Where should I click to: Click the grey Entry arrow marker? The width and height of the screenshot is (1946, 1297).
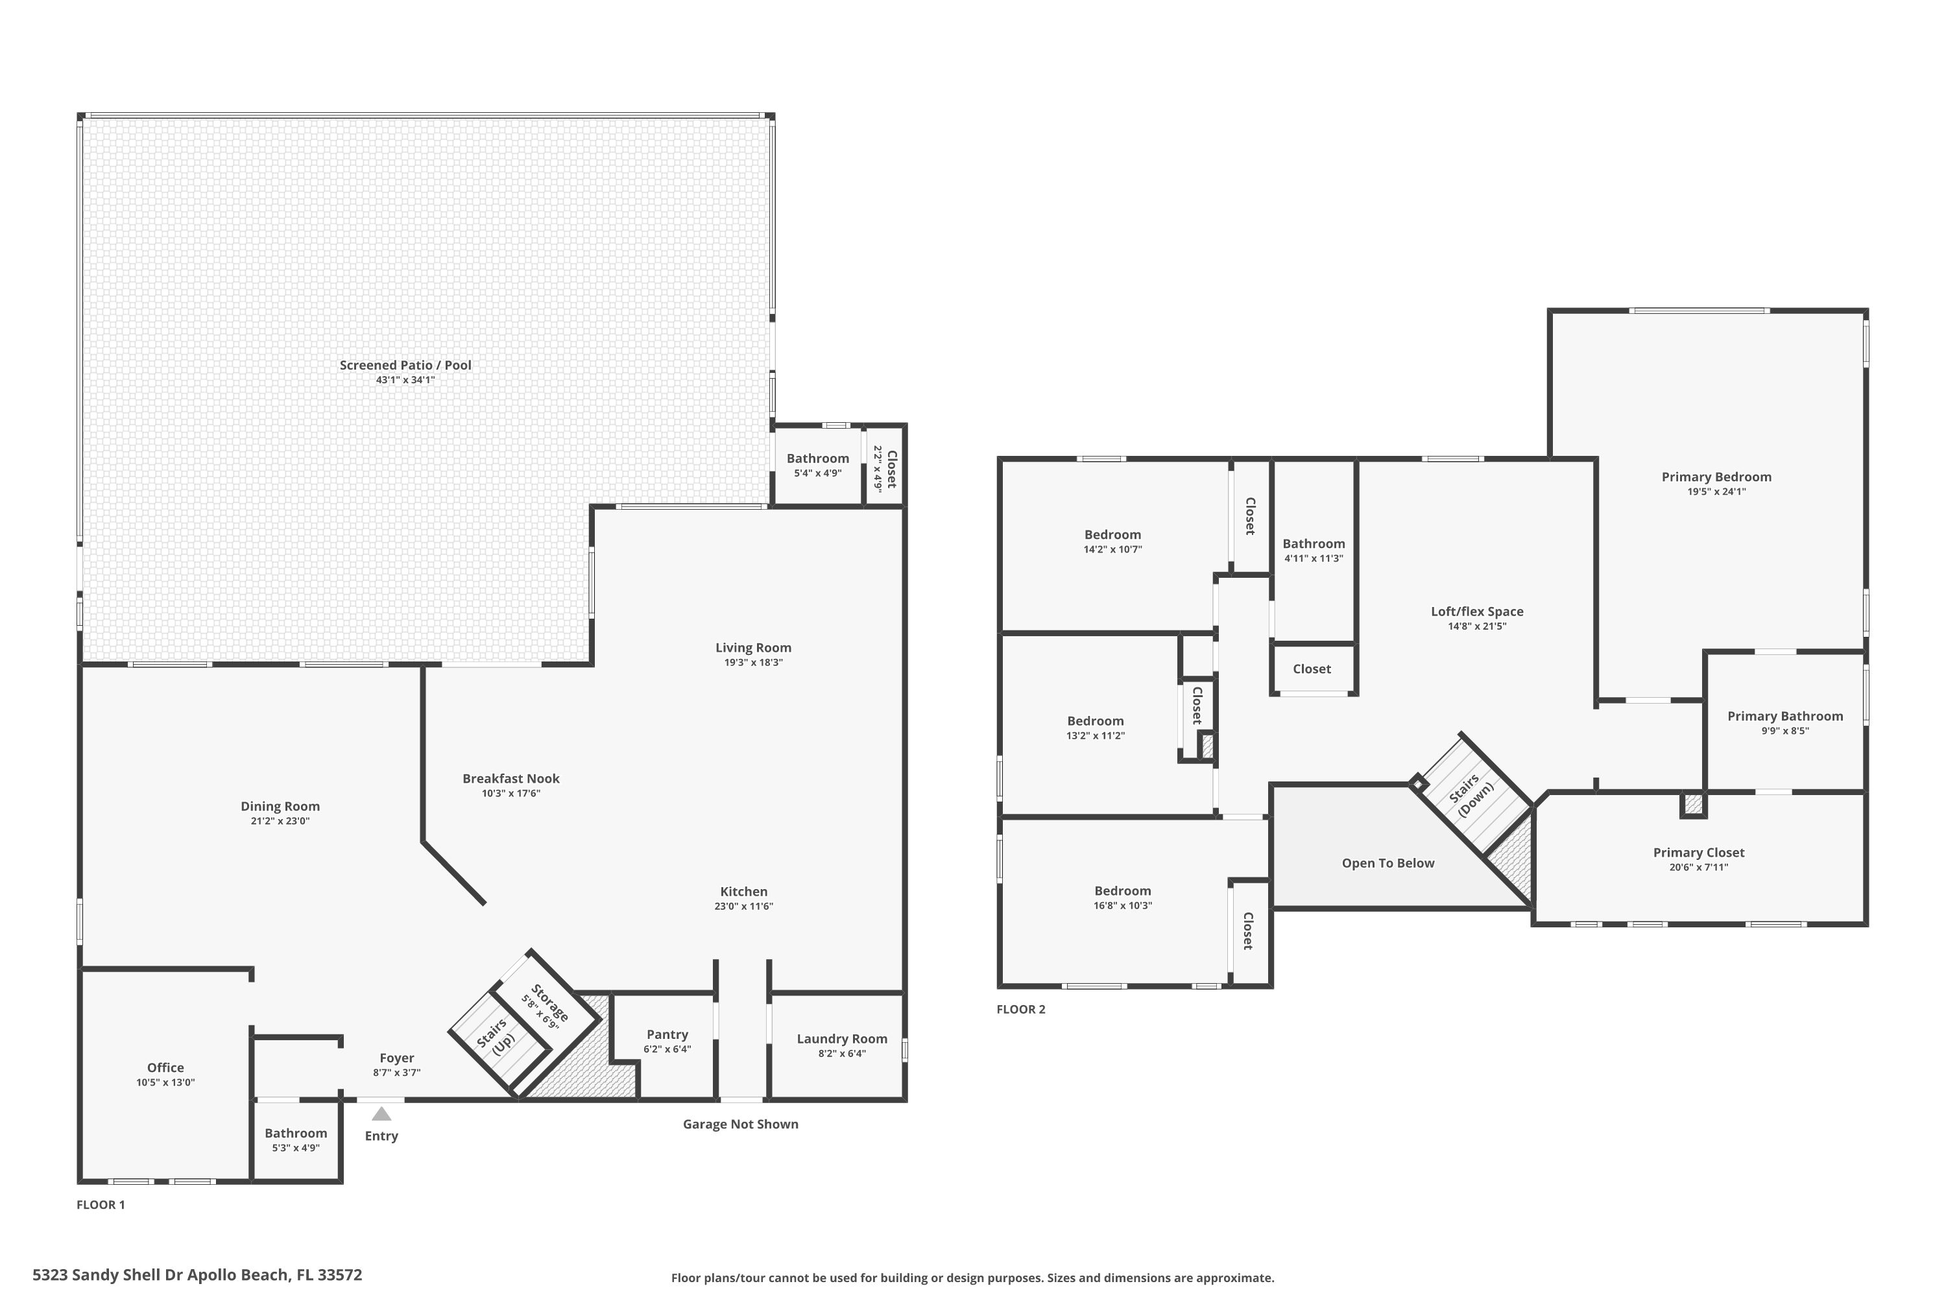point(381,1114)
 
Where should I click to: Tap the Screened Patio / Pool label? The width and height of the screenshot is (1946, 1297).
point(405,364)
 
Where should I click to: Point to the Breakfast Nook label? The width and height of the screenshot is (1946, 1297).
point(511,778)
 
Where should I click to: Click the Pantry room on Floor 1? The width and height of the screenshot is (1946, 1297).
point(667,1047)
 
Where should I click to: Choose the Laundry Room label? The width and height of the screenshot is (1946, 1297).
point(842,1039)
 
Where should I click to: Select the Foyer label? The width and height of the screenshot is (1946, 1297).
point(397,1058)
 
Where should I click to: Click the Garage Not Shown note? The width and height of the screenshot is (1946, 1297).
point(741,1124)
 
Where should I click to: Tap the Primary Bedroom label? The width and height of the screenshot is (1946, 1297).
point(1717,477)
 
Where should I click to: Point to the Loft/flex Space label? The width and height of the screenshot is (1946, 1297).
point(1477,612)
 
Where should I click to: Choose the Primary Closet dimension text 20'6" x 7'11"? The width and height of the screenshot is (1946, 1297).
point(1699,868)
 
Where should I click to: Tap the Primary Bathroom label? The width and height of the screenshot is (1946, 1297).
point(1786,717)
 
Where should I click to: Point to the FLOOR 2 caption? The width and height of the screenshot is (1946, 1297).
point(1021,1009)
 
